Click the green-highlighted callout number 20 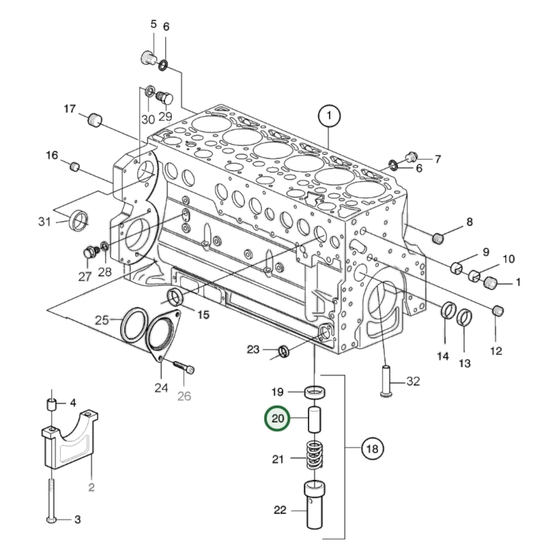pyautogui.click(x=277, y=419)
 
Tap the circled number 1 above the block pyautogui.click(x=329, y=116)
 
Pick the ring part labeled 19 pyautogui.click(x=315, y=392)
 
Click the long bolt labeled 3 pyautogui.click(x=51, y=499)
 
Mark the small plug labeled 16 pyautogui.click(x=75, y=167)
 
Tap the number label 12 pyautogui.click(x=496, y=351)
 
